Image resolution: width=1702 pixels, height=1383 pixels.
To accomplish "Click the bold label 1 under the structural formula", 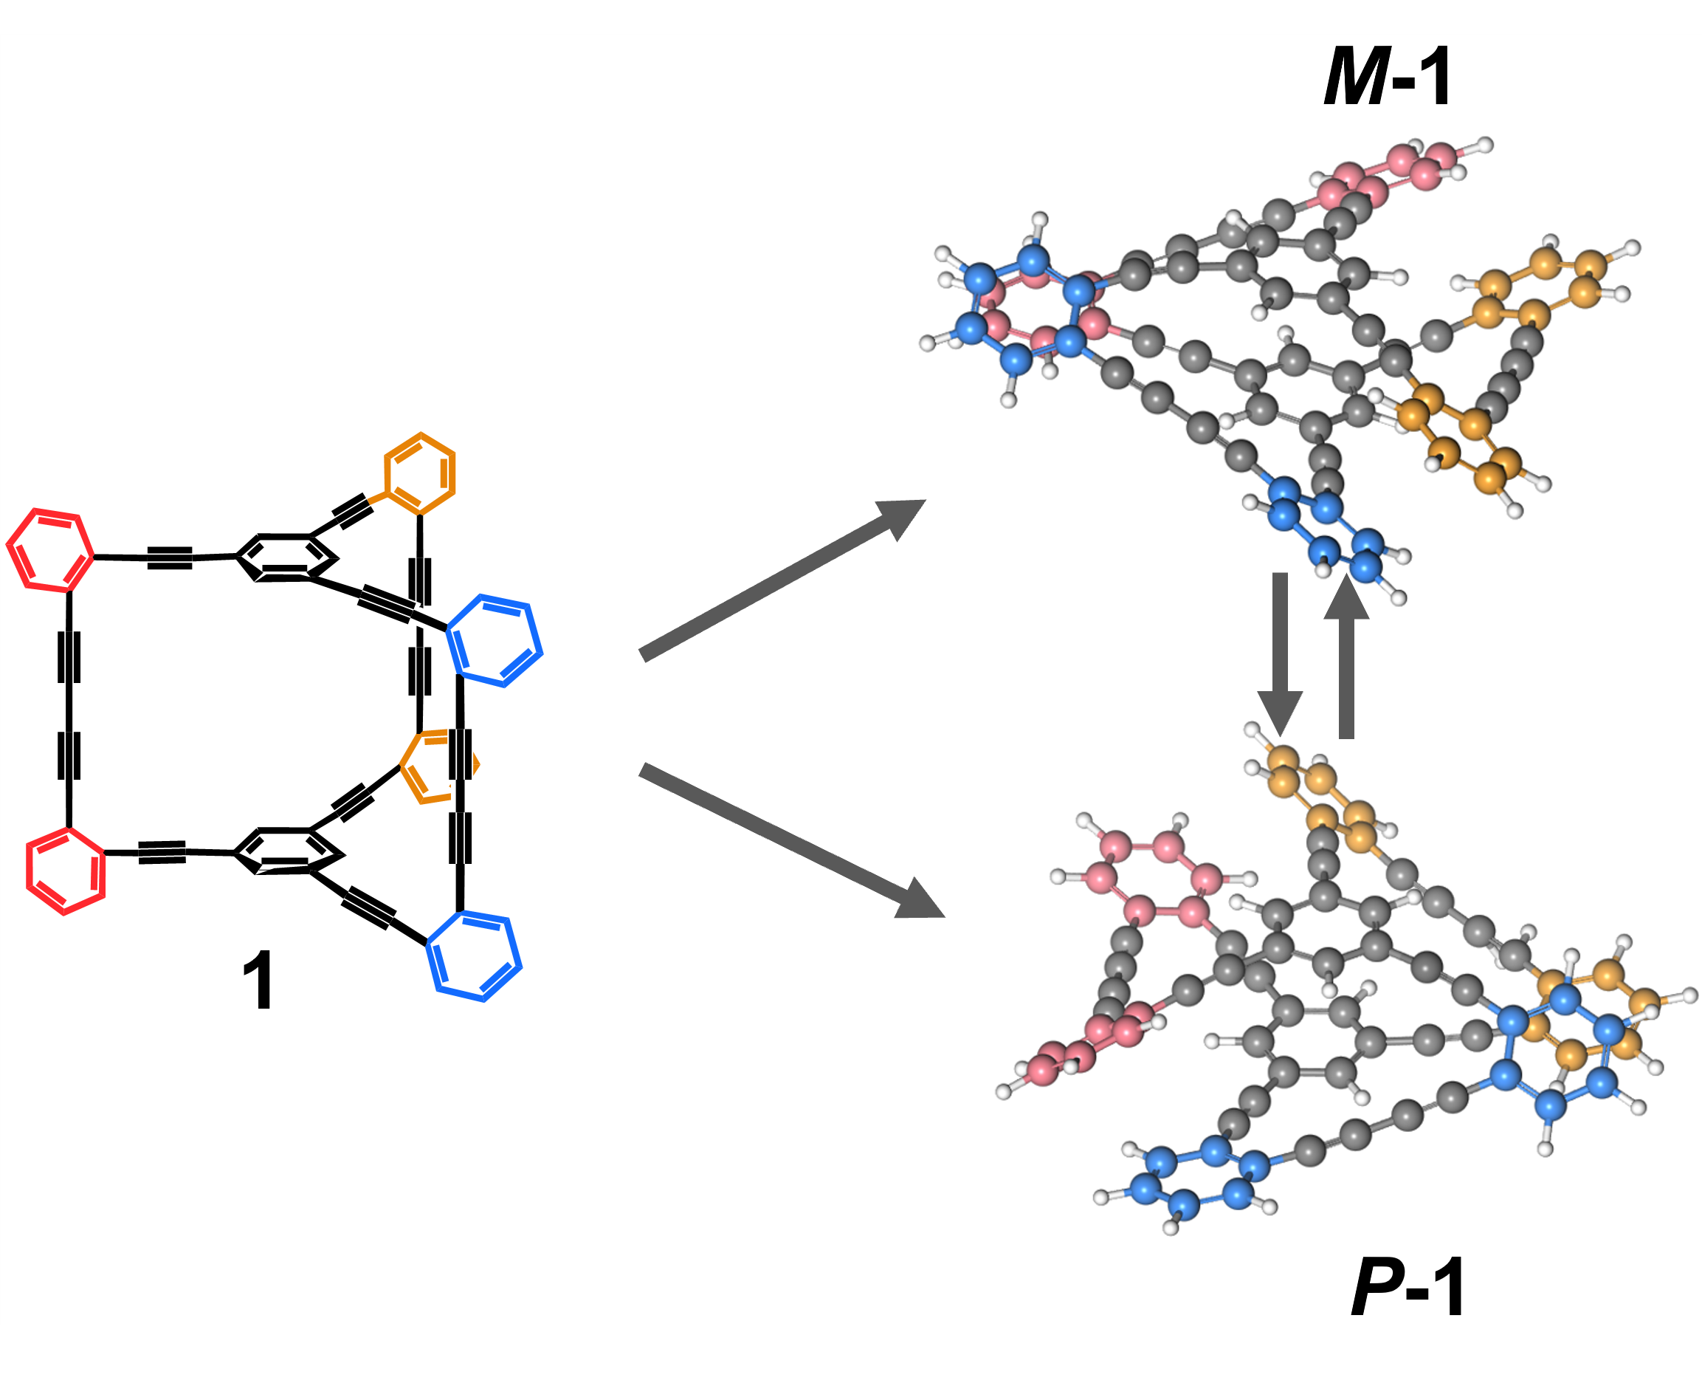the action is click(x=258, y=981).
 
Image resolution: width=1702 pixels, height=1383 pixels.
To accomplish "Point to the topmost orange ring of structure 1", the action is click(x=420, y=474).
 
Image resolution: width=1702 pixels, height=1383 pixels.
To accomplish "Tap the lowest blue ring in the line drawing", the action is click(x=474, y=956).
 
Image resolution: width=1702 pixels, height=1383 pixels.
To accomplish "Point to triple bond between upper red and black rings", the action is click(x=170, y=557).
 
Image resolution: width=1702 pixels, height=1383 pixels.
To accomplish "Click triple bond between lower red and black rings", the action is click(x=162, y=852).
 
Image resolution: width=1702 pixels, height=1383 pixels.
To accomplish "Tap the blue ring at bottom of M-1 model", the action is click(x=1326, y=529).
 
